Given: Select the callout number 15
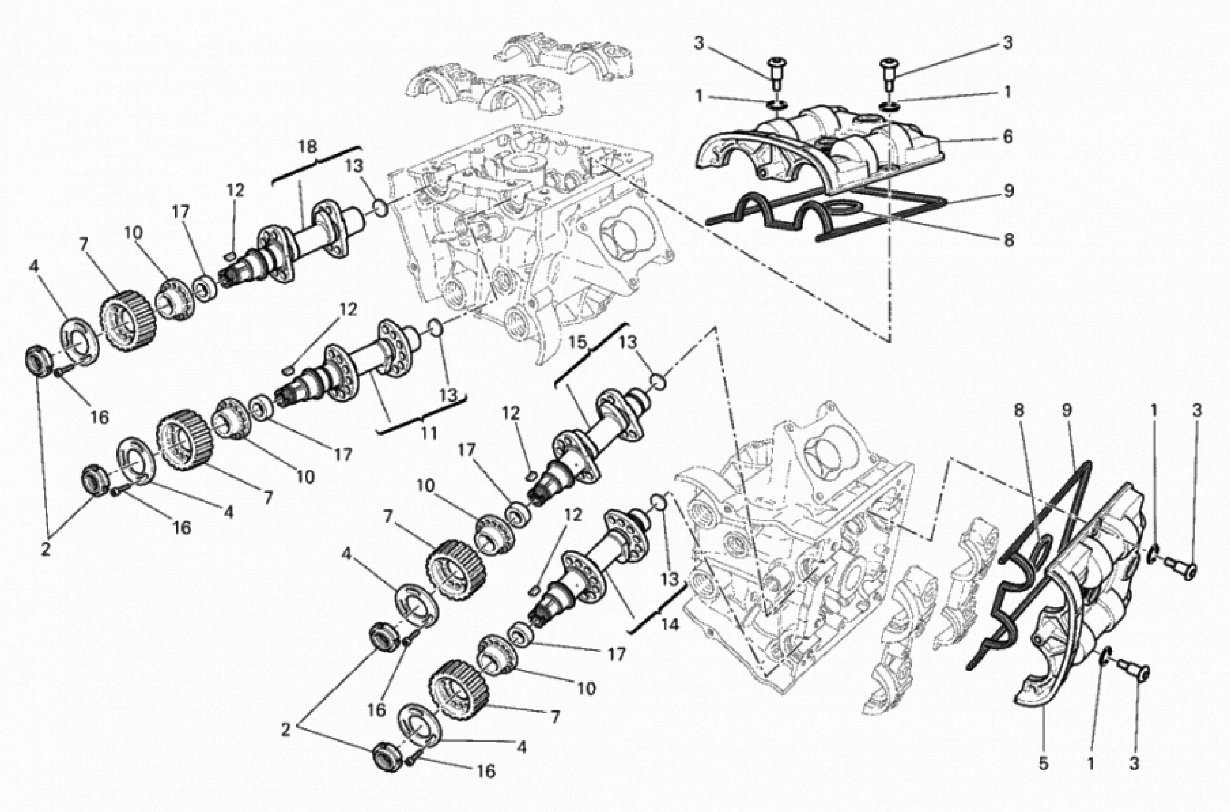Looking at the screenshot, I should pos(579,342).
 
